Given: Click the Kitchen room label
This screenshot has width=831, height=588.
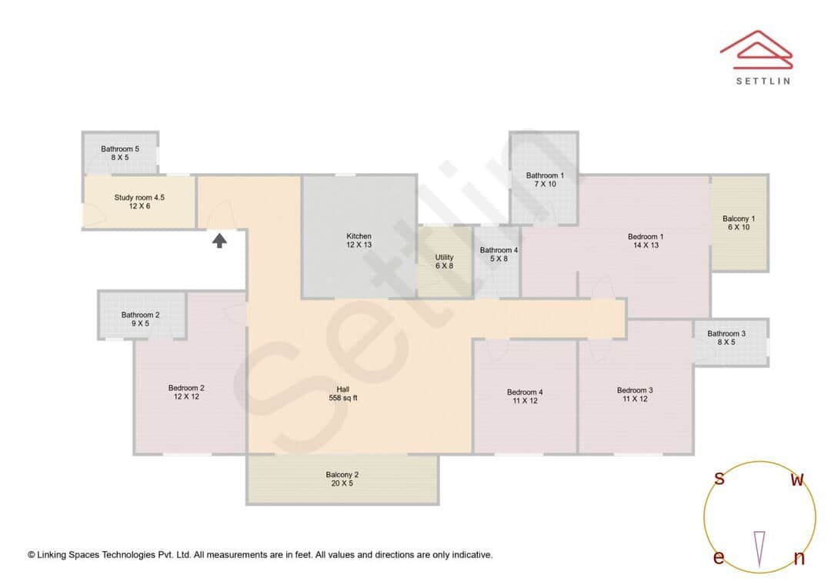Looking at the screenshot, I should (359, 240).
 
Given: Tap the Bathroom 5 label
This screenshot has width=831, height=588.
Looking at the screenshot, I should (120, 152).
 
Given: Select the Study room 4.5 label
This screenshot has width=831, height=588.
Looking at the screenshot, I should (139, 202).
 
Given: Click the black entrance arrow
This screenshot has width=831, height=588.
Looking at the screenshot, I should (220, 241).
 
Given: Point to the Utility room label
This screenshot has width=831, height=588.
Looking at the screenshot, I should (444, 262).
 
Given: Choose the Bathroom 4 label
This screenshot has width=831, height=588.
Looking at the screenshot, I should (499, 254).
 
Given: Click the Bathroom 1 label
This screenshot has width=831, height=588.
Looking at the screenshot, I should (545, 179).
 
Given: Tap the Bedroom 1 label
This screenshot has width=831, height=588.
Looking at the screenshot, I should (646, 241).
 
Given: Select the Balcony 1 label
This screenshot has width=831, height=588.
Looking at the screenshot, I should (739, 223).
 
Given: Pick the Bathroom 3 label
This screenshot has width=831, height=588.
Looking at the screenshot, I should (726, 337).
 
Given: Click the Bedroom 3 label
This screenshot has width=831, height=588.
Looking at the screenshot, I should (635, 394).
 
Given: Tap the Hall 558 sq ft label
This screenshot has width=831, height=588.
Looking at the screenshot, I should (343, 393).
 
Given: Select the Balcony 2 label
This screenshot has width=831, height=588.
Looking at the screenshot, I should (342, 479).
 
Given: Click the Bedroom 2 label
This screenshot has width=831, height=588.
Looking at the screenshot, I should (186, 392).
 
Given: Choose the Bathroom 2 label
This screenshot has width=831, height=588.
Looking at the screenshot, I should (141, 319).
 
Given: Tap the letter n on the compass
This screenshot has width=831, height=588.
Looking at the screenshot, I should (799, 559).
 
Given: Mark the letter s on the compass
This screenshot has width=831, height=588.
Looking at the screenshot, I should (719, 479).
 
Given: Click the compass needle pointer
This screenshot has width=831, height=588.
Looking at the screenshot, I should (759, 549).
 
